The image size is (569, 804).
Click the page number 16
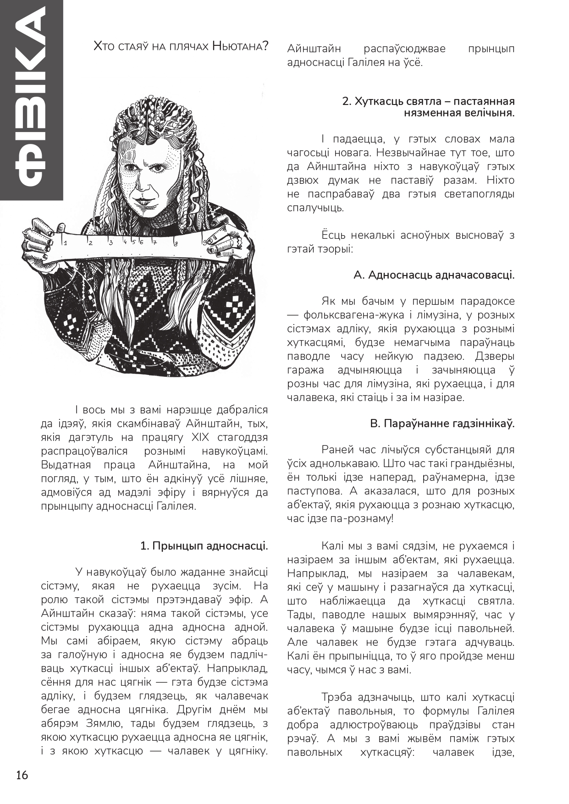tap(22, 775)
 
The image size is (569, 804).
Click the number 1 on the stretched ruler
tap(66, 243)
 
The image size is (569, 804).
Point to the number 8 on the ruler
tap(176, 242)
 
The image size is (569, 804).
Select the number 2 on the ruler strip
tap(91, 242)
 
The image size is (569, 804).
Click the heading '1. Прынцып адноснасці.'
tap(204, 546)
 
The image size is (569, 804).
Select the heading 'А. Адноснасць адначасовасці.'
tap(434, 275)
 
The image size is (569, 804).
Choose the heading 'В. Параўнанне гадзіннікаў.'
tap(442, 424)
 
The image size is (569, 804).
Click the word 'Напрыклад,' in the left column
tap(236, 668)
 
